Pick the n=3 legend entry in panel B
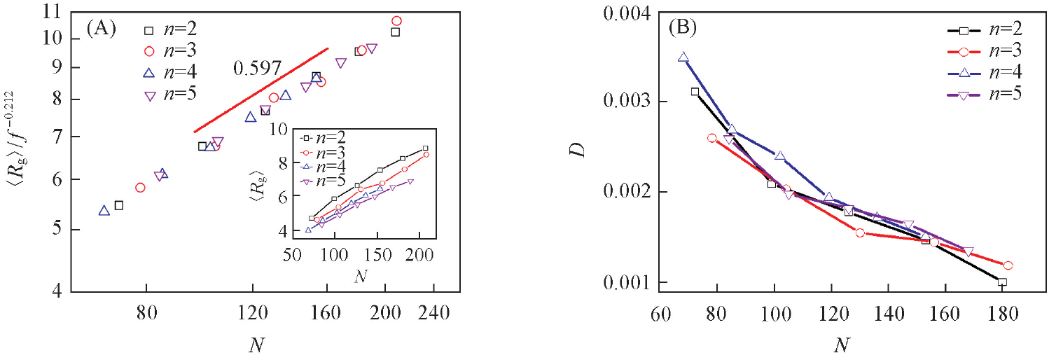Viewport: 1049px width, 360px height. (988, 50)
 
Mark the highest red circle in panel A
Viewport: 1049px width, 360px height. (397, 21)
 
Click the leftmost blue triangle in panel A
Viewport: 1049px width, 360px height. (104, 210)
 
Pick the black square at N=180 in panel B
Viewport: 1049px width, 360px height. (1002, 282)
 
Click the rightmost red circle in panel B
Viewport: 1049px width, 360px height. (1008, 265)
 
